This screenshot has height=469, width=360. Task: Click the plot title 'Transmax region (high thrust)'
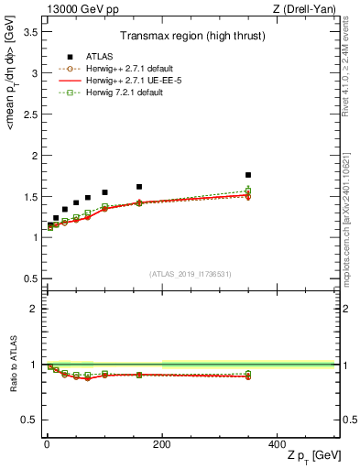tap(191, 38)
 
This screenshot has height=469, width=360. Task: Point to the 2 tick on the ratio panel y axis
tap(35, 309)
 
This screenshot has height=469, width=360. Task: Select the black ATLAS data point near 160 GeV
tap(139, 187)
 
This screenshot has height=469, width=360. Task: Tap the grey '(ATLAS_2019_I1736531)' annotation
tap(191, 273)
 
